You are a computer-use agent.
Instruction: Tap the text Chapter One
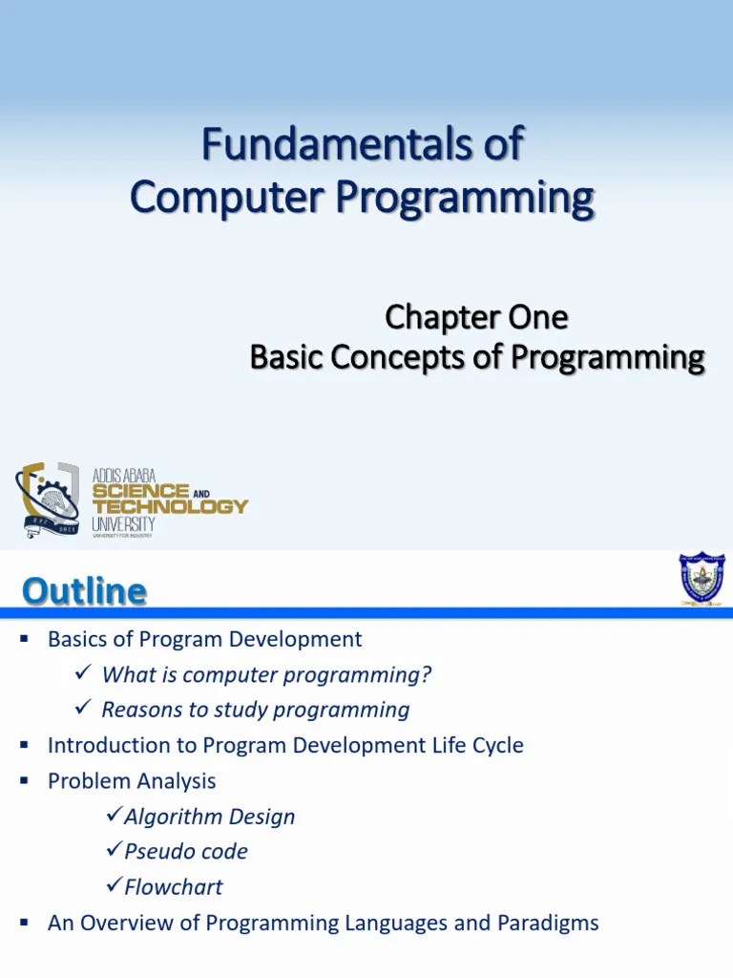pos(475,316)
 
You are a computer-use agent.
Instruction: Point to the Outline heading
pos(84,591)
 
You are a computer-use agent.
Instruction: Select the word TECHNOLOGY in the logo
pos(170,506)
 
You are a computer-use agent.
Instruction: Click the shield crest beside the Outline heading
pos(701,577)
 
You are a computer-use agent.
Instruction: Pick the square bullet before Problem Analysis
pos(26,780)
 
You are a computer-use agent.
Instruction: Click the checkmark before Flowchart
pos(112,886)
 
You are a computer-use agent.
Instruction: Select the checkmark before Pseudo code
pos(112,851)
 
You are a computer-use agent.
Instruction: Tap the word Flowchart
pos(173,887)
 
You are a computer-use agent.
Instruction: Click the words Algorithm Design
pos(209,817)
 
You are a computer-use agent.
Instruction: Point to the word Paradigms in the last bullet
pos(548,923)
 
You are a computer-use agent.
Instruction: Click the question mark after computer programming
pos(427,675)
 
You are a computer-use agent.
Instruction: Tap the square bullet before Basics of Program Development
pos(26,639)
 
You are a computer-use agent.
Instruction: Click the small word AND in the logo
pos(200,493)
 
